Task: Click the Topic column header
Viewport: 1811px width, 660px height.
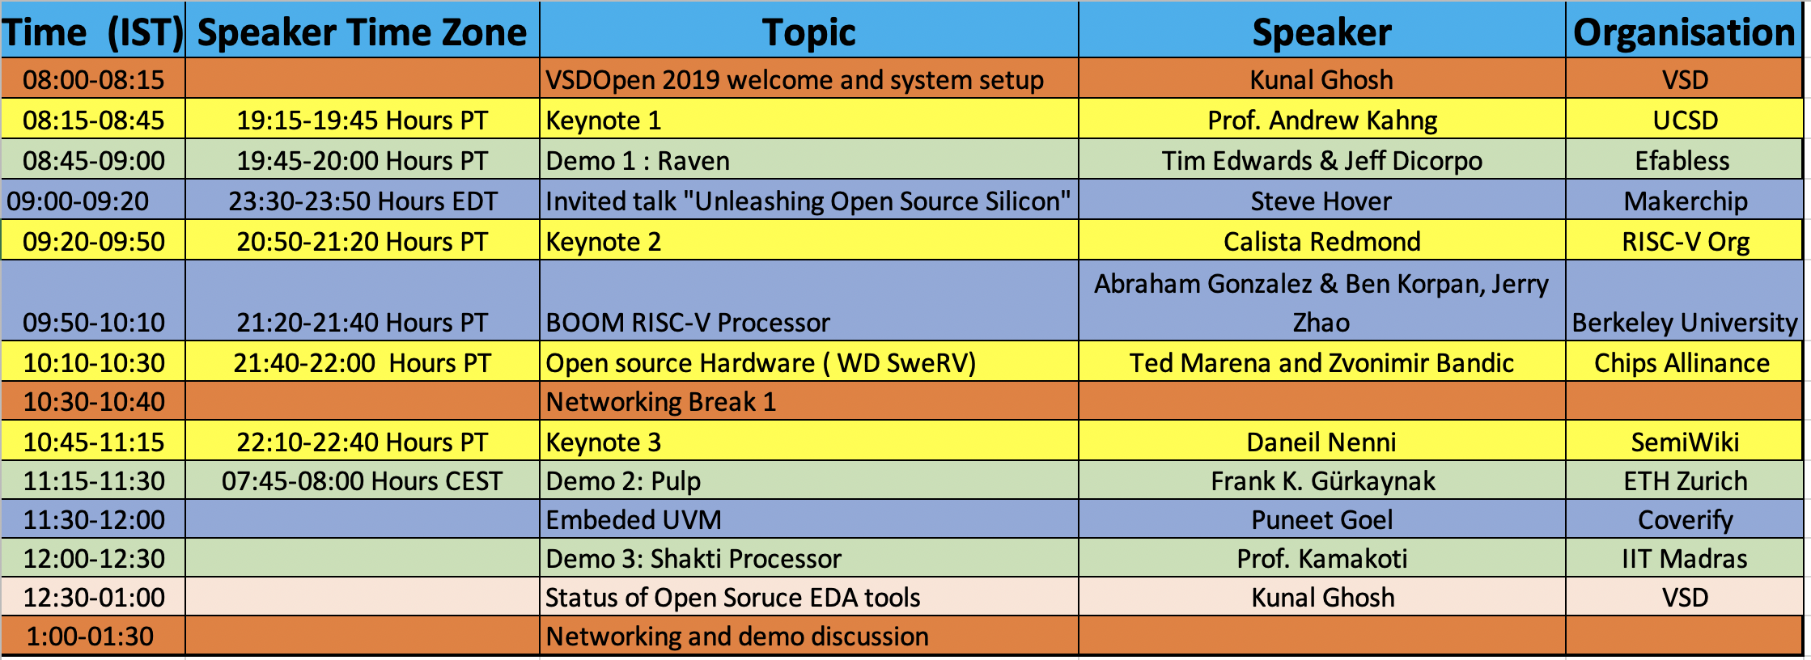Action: tap(808, 32)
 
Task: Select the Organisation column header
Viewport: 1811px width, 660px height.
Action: tap(1684, 32)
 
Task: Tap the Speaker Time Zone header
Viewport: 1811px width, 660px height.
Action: tap(362, 32)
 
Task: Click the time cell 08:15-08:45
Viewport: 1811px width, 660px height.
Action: tap(94, 121)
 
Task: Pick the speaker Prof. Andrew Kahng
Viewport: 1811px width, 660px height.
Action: tap(1321, 121)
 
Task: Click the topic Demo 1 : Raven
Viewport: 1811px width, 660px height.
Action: tap(638, 161)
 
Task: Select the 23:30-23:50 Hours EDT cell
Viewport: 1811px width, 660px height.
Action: tap(362, 201)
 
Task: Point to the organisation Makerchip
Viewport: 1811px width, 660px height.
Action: tap(1685, 201)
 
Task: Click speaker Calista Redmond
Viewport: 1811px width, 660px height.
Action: tap(1321, 242)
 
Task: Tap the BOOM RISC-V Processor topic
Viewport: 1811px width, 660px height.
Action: tap(688, 323)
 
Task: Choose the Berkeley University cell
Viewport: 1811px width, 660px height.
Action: tap(1684, 323)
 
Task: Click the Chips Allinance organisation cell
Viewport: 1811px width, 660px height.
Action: tap(1682, 363)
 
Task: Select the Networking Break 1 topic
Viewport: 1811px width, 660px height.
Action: tap(660, 402)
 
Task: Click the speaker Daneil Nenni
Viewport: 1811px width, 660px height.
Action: tap(1321, 442)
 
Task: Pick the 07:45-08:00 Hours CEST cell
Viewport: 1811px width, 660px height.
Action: tap(362, 481)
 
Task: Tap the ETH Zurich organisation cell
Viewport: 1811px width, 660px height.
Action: tap(1685, 481)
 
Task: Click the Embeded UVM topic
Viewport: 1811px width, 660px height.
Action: tap(634, 520)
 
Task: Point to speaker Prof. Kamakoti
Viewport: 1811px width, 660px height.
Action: tap(1321, 559)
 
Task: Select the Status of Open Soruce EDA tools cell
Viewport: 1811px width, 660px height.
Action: tap(732, 598)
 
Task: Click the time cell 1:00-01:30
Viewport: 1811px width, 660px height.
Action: tap(90, 637)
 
